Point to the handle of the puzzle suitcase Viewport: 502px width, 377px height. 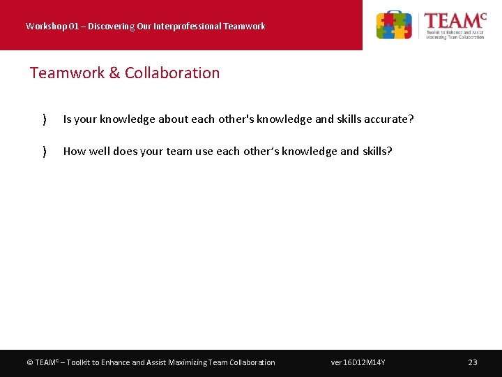pos(394,13)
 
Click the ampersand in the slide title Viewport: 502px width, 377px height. pos(115,73)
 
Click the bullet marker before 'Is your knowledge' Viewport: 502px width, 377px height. pos(45,119)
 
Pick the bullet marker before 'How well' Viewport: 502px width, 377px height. pos(45,151)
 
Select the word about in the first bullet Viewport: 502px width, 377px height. pos(173,119)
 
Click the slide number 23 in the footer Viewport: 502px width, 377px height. pos(473,362)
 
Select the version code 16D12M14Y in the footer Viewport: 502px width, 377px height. pos(364,362)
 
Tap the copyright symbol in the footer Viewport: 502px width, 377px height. pos(29,362)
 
